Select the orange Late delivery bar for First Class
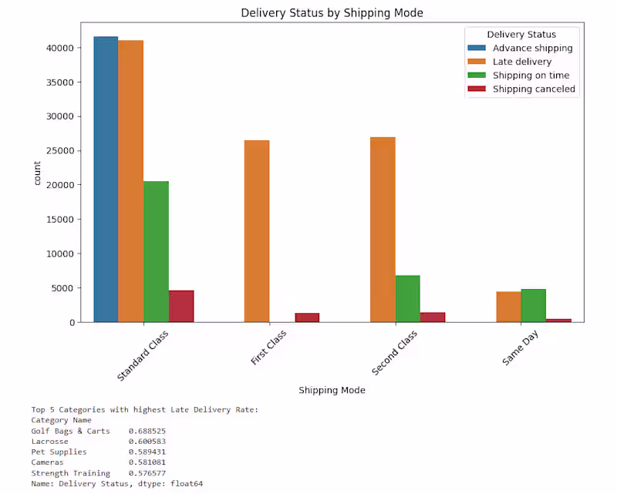pos(257,231)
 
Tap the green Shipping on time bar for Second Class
pos(408,298)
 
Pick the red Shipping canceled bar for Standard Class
pos(181,306)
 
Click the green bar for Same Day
pos(534,305)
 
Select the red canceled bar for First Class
pos(307,317)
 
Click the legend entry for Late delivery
pos(522,62)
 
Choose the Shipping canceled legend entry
pos(534,89)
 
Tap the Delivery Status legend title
pos(521,35)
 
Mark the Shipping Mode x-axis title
pos(332,390)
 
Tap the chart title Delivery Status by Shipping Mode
pos(332,13)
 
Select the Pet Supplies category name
pos(59,452)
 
